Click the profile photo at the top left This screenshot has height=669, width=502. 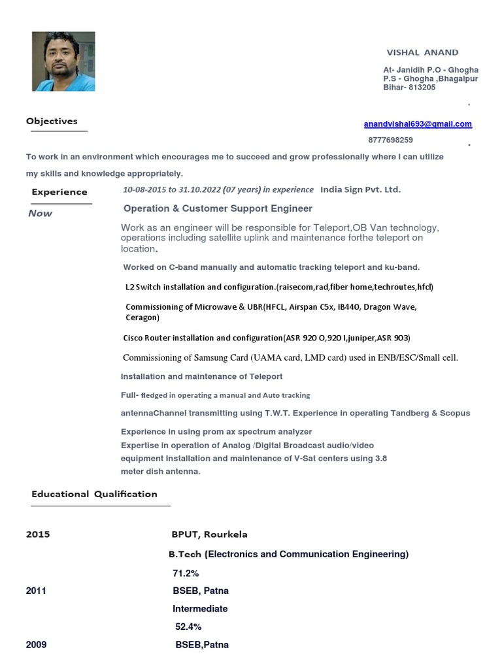tap(63, 61)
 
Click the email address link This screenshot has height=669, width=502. tap(418, 124)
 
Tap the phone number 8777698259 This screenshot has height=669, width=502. tap(391, 140)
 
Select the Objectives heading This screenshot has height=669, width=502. tap(52, 121)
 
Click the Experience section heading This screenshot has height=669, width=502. tap(59, 192)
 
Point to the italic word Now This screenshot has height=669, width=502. tap(41, 214)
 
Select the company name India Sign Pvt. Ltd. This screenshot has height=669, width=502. tap(360, 189)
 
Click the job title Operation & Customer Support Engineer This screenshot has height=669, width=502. tap(218, 208)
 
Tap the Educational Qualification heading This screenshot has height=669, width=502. tap(94, 495)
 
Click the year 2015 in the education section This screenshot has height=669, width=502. tap(38, 534)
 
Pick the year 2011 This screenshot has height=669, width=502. tap(36, 591)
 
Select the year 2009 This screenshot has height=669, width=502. tap(36, 645)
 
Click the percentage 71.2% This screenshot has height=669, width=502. tap(186, 574)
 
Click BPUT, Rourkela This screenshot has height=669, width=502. tap(209, 534)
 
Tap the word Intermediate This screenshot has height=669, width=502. tap(200, 609)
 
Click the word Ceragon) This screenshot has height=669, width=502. tap(142, 318)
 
